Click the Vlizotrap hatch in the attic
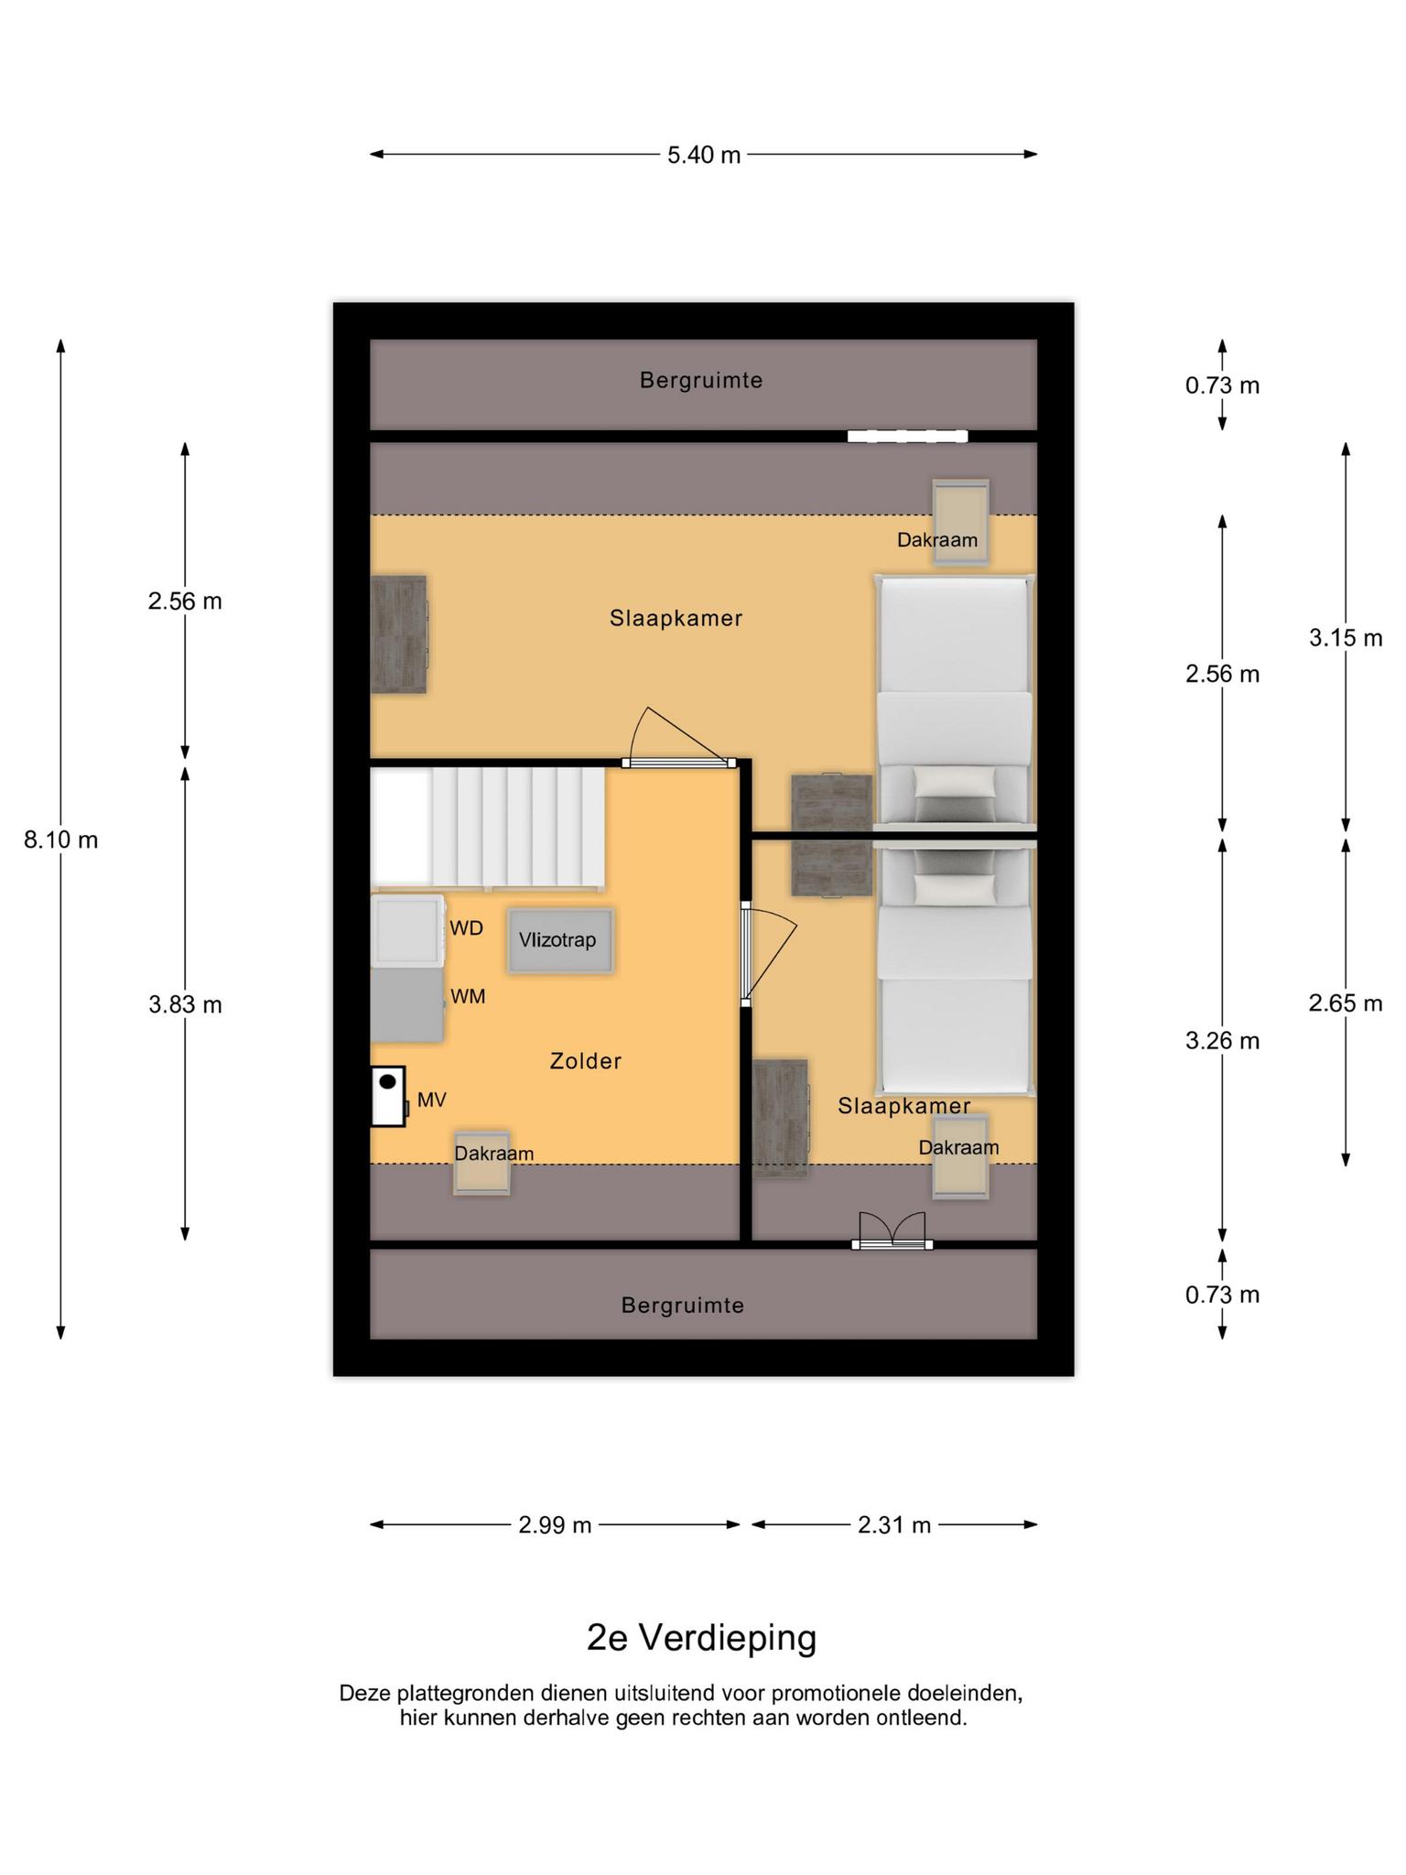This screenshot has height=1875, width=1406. (559, 940)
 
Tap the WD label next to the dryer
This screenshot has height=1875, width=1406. (466, 928)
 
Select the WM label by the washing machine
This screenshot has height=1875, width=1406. (468, 997)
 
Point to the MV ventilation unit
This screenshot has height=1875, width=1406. (388, 1096)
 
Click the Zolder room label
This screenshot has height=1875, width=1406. (586, 1061)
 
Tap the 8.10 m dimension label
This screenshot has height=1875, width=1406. (61, 840)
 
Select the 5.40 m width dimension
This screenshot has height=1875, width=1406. (704, 155)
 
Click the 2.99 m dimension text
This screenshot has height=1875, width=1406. (555, 1525)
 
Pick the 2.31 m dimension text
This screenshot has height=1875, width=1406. (894, 1525)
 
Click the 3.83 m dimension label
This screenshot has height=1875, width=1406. (186, 1004)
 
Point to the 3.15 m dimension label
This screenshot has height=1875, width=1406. (1346, 638)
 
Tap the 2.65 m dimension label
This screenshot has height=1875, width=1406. (1346, 1003)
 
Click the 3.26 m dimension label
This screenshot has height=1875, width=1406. (1223, 1041)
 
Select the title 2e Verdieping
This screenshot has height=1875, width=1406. (702, 1638)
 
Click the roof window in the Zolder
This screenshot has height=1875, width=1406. (481, 1163)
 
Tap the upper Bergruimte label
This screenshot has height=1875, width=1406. (701, 380)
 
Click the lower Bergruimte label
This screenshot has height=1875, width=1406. (683, 1306)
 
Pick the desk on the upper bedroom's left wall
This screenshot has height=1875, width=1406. (399, 634)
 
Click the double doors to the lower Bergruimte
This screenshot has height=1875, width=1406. (892, 1231)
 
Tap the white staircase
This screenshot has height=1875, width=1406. (488, 829)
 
